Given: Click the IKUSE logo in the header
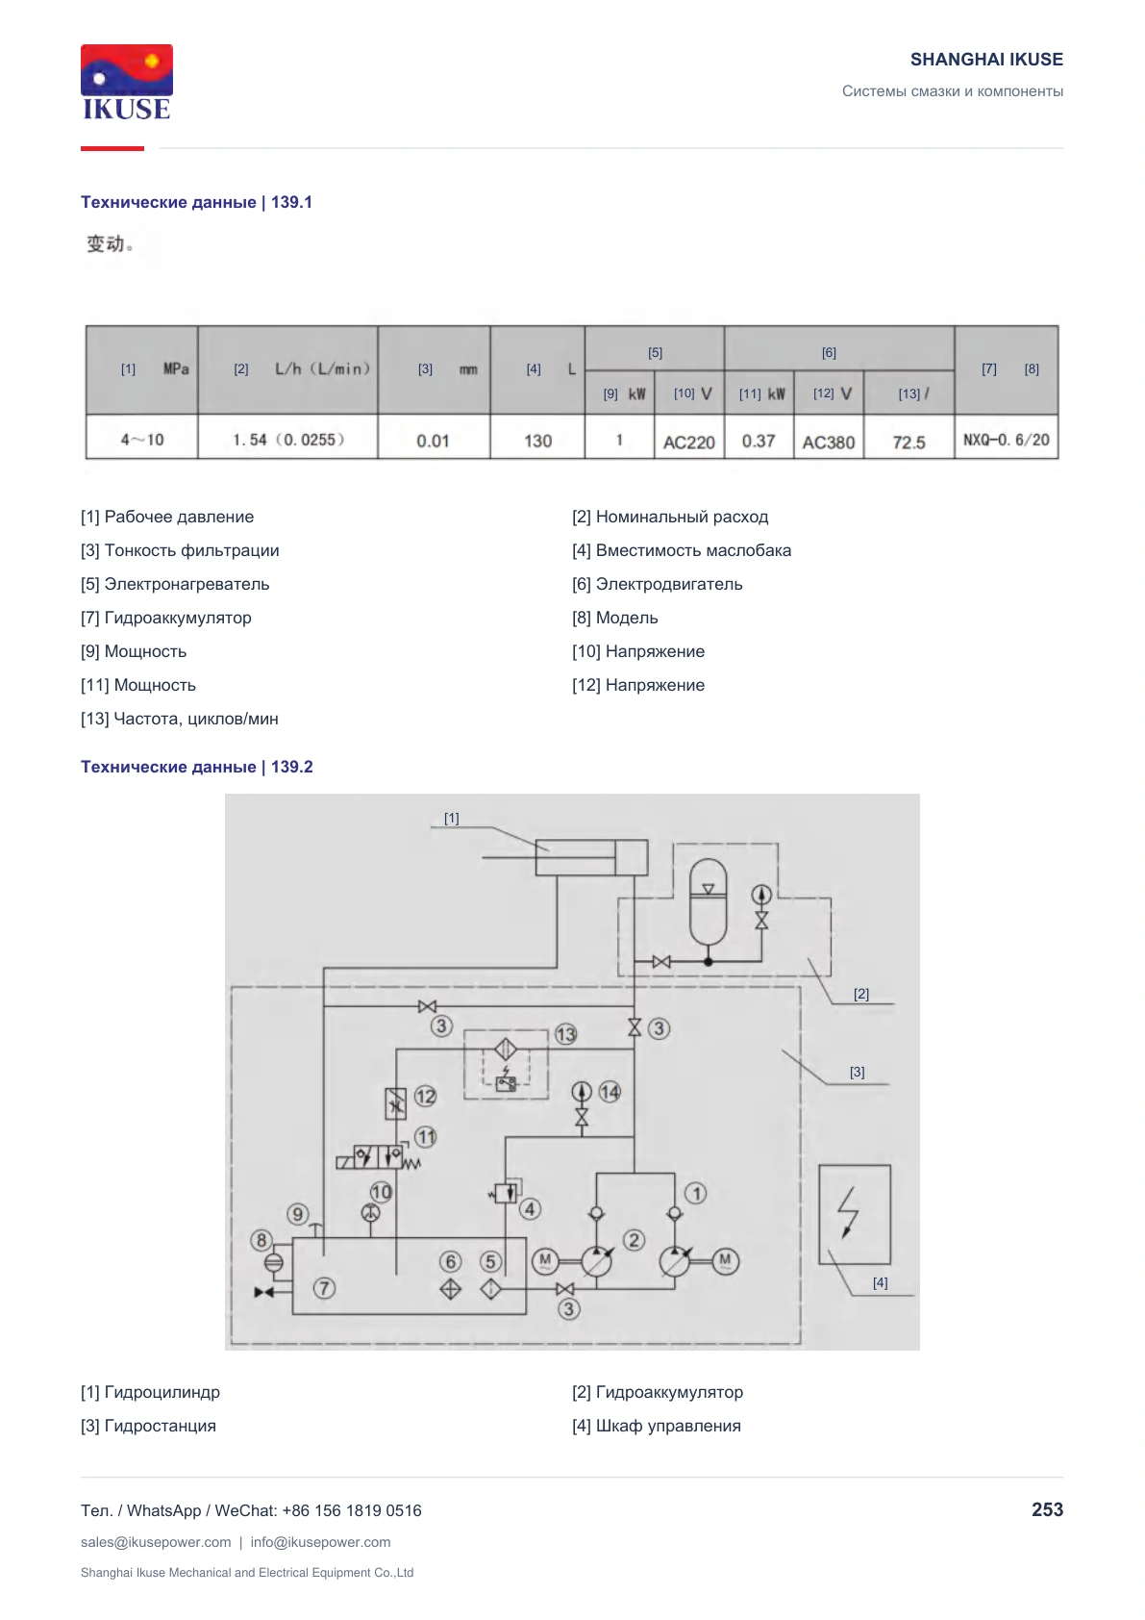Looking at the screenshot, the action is [x=127, y=82].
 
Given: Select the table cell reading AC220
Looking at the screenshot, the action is [x=689, y=442].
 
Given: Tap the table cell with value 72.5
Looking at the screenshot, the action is [x=909, y=442].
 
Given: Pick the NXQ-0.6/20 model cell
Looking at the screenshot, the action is [x=1007, y=440].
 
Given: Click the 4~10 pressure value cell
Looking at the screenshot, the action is [x=141, y=439].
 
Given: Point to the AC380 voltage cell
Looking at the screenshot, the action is [x=829, y=442].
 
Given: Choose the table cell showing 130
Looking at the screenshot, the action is [x=537, y=441].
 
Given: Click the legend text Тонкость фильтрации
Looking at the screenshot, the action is [x=191, y=550].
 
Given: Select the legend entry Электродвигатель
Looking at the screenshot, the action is [x=669, y=584].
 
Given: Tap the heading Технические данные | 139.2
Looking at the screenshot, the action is [x=197, y=767].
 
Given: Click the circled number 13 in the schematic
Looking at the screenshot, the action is [x=565, y=1034].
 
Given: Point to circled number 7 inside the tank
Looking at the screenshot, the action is [x=324, y=1288].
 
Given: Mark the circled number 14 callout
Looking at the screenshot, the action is [x=610, y=1092].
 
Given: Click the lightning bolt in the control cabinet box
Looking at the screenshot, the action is [x=849, y=1212].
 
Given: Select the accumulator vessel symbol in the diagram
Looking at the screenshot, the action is [x=708, y=901].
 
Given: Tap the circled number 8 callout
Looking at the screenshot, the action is [x=261, y=1240].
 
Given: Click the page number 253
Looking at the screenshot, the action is [x=1047, y=1509].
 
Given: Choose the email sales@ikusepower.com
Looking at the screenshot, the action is [x=156, y=1542].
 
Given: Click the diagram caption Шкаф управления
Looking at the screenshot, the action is [x=668, y=1427].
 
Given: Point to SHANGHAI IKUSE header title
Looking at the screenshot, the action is [x=986, y=60].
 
